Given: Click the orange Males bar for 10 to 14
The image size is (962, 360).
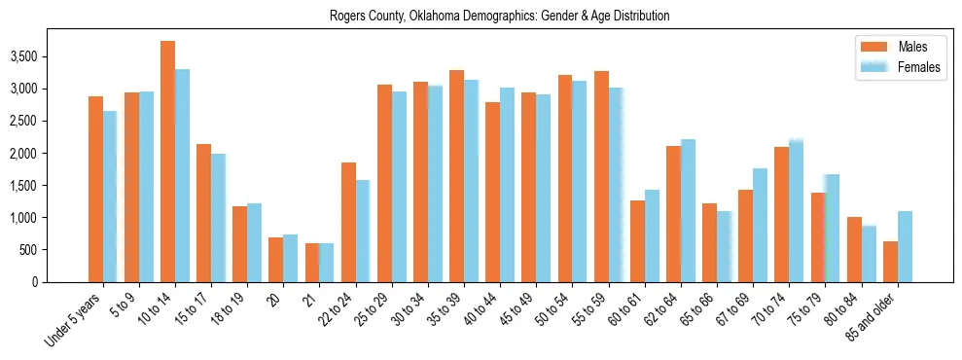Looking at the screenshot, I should click(167, 162).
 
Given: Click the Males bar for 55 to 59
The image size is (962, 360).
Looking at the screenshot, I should click(601, 176).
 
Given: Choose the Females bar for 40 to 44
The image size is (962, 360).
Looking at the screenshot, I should click(507, 185).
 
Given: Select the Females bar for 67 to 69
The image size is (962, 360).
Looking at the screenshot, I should click(760, 225).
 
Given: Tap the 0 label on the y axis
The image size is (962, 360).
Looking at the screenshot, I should click(61, 282).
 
